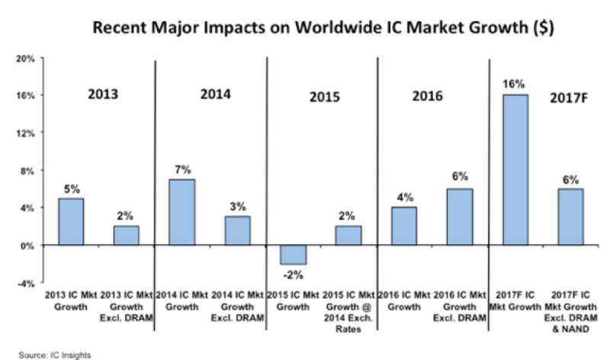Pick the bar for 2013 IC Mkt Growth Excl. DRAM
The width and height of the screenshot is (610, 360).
(x=126, y=236)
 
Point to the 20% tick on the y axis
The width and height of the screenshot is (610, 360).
(x=26, y=58)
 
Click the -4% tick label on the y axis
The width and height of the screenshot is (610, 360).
(x=26, y=283)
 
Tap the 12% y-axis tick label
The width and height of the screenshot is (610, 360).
(x=26, y=133)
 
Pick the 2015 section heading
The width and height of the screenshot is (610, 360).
(x=324, y=98)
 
